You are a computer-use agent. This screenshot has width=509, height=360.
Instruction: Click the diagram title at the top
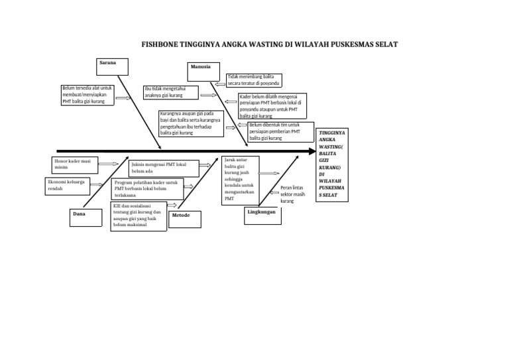pyautogui.click(x=270, y=45)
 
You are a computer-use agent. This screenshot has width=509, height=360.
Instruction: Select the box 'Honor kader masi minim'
pyautogui.click(x=75, y=164)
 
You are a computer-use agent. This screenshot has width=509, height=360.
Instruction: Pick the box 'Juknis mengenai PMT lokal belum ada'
pyautogui.click(x=163, y=166)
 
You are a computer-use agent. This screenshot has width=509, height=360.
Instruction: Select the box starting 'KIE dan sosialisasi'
pyautogui.click(x=139, y=216)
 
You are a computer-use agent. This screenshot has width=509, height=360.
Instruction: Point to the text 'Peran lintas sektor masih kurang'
pyautogui.click(x=292, y=194)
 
